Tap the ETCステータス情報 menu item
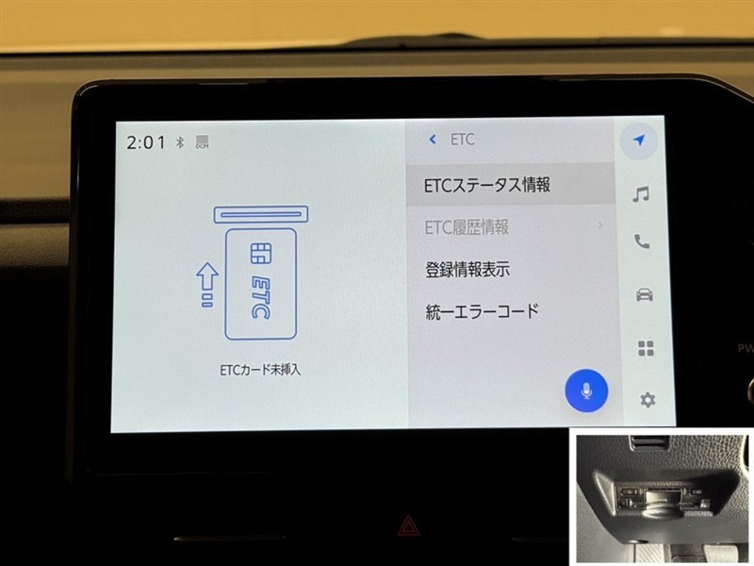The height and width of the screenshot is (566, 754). (x=486, y=185)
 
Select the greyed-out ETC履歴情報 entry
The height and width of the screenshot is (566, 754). (x=467, y=227)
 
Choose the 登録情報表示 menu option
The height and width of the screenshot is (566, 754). (x=467, y=270)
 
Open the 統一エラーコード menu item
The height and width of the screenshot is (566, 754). (x=482, y=311)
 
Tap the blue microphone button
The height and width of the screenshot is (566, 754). (x=585, y=391)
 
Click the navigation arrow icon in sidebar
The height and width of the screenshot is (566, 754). (x=639, y=141)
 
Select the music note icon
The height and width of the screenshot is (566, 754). (x=641, y=194)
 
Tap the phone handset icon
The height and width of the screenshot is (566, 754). (x=642, y=241)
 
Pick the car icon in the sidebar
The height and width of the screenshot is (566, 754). (x=645, y=294)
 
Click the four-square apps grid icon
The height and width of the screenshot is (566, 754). (x=646, y=348)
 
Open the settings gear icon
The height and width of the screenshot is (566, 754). (x=647, y=399)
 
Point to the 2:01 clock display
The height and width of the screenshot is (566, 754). (x=146, y=142)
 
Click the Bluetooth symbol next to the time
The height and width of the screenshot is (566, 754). (x=180, y=142)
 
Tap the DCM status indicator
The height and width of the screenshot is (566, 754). (x=203, y=141)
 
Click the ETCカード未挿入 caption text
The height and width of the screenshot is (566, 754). (x=260, y=370)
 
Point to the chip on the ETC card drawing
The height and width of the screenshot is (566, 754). (x=261, y=253)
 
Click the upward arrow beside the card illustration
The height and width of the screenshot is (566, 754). (x=207, y=285)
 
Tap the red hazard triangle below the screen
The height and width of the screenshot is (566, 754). (x=408, y=525)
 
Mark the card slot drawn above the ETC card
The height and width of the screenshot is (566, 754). (x=261, y=215)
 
